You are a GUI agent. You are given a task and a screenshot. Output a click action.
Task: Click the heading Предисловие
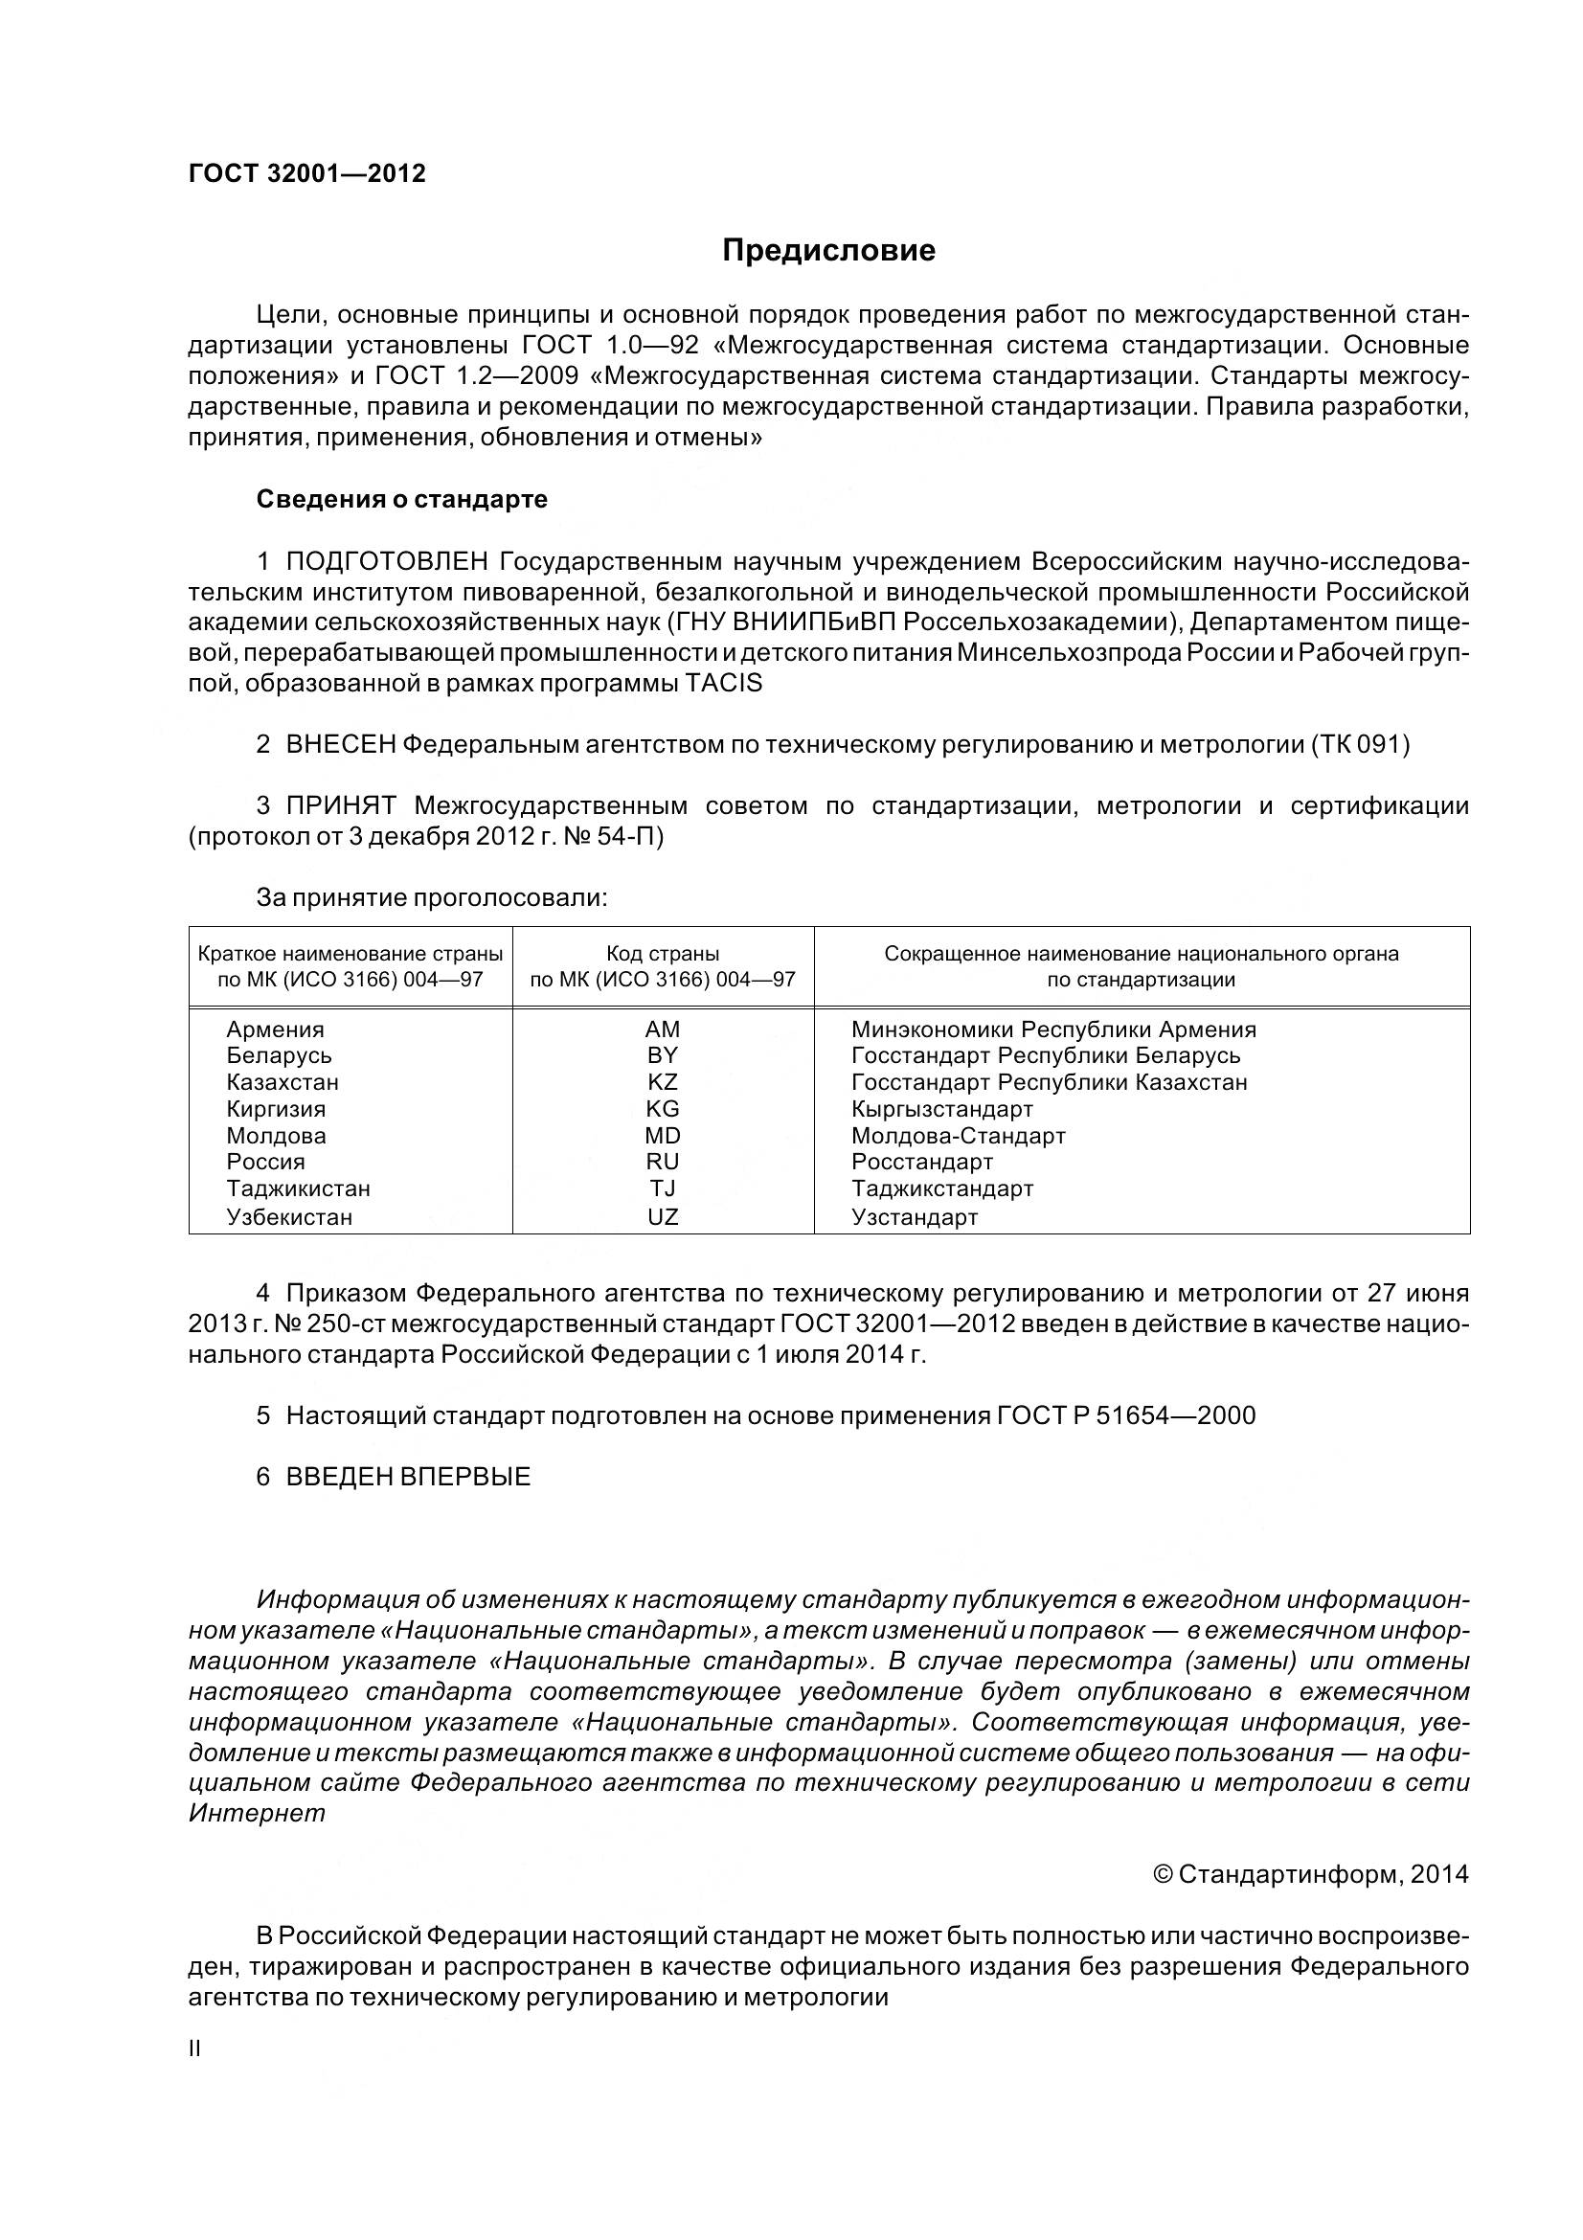point(828,251)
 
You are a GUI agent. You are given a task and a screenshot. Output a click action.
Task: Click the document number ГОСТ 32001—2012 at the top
point(306,173)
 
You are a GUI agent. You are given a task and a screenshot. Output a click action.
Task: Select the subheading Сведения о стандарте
point(402,500)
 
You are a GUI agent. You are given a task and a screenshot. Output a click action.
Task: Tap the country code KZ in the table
point(663,1082)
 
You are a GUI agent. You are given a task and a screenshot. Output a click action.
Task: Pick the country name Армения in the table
point(275,1029)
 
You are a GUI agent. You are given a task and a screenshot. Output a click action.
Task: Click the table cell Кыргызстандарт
point(941,1109)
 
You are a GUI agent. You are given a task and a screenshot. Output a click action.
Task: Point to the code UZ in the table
point(663,1216)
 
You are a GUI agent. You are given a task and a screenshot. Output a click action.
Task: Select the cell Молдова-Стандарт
point(958,1136)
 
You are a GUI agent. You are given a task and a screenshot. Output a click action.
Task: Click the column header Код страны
point(663,953)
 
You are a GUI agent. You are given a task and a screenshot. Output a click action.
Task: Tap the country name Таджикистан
point(299,1188)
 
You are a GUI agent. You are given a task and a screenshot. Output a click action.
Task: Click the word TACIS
point(724,683)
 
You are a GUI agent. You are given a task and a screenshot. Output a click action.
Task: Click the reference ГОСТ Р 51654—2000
point(1125,1415)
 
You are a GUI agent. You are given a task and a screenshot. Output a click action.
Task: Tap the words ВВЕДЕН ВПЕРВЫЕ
point(408,1477)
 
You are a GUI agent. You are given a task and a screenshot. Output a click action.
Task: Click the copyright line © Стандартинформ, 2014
point(1310,1874)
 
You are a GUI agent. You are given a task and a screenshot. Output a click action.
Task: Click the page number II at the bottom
point(194,2048)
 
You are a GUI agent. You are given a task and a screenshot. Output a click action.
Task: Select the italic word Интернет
point(257,1814)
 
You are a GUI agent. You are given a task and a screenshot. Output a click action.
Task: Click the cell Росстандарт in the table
point(921,1162)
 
